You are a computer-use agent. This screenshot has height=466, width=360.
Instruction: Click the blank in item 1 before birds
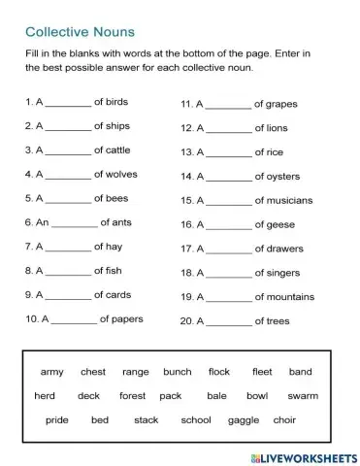click(x=67, y=102)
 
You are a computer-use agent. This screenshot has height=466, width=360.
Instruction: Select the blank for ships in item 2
click(x=67, y=126)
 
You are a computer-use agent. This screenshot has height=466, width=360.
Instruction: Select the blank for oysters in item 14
click(x=228, y=177)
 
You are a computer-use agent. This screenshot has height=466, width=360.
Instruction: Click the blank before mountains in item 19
click(x=228, y=297)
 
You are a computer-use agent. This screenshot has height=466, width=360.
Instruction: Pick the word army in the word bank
click(x=51, y=372)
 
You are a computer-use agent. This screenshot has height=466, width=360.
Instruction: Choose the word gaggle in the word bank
click(x=243, y=419)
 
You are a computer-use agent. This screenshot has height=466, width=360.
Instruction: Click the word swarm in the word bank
click(x=302, y=396)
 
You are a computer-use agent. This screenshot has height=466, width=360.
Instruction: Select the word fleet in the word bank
click(x=262, y=372)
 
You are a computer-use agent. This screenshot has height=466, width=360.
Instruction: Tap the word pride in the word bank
click(x=57, y=419)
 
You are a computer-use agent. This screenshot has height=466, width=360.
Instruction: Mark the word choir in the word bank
click(x=283, y=419)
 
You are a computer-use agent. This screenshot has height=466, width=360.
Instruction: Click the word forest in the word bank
click(x=132, y=396)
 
